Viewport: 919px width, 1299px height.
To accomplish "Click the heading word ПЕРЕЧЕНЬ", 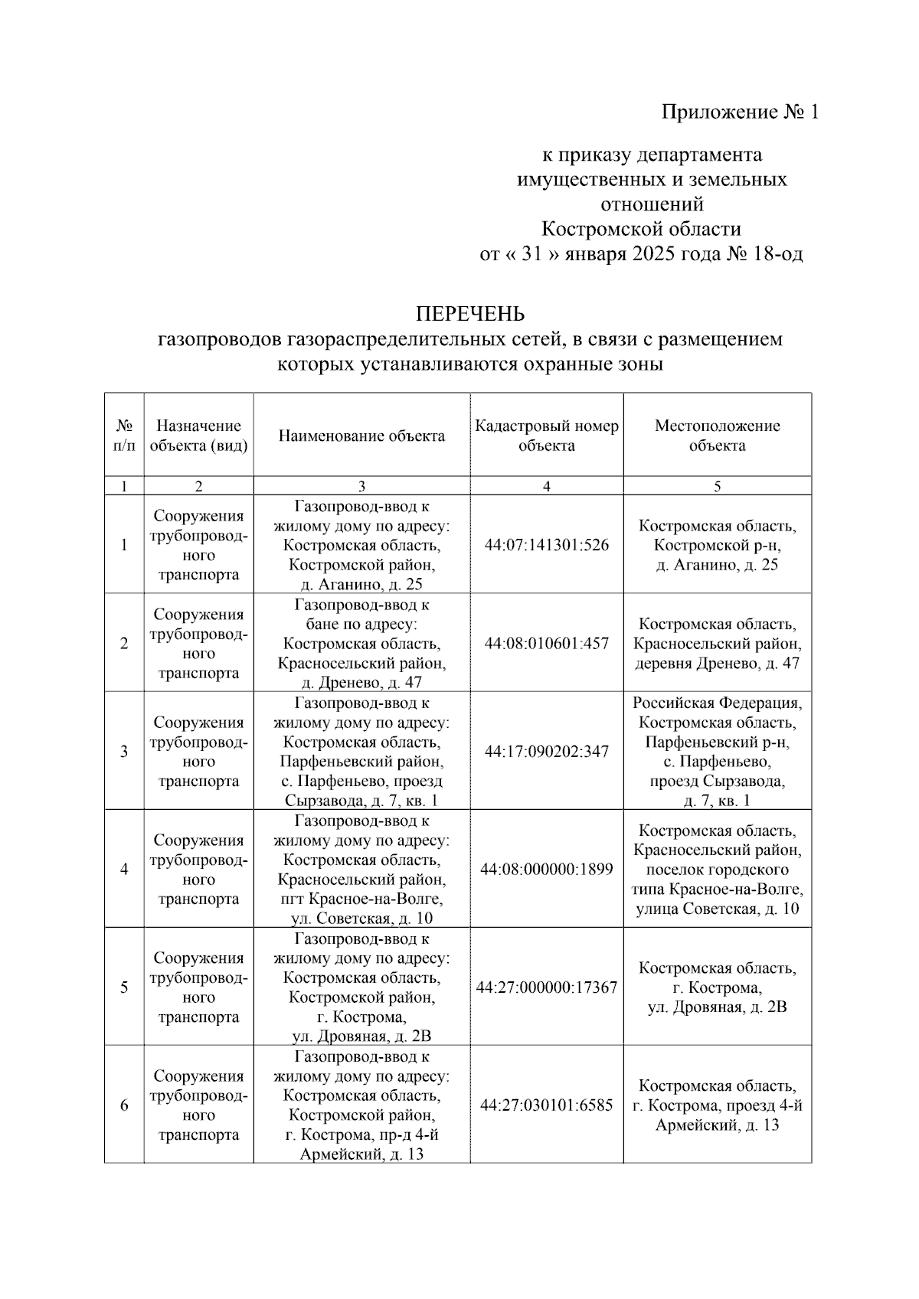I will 470,314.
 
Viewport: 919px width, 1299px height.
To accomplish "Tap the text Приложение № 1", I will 740,113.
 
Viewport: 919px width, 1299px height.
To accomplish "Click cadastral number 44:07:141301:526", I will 547,545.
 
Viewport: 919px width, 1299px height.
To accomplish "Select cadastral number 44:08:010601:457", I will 547,643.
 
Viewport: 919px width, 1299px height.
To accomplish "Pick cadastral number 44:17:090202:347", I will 547,752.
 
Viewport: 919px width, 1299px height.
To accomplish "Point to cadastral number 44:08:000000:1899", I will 547,870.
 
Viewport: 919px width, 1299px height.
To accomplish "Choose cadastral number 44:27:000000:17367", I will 547,987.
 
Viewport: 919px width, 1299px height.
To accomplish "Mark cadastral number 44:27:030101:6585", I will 547,1105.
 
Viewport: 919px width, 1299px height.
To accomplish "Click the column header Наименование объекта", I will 361,436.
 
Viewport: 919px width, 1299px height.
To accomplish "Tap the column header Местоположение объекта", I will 717,436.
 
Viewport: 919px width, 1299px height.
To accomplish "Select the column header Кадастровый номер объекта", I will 547,436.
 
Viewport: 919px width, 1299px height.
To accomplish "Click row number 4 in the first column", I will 124,870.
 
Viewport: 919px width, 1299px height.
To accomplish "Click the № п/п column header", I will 124,436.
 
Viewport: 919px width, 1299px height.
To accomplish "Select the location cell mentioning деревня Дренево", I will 717,644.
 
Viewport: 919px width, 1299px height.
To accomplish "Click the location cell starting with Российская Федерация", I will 717,752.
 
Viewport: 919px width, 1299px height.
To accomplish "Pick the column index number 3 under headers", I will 361,486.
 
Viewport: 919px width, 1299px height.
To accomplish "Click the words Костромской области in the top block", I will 641,229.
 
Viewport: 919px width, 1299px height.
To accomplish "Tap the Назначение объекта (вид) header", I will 199,436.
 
